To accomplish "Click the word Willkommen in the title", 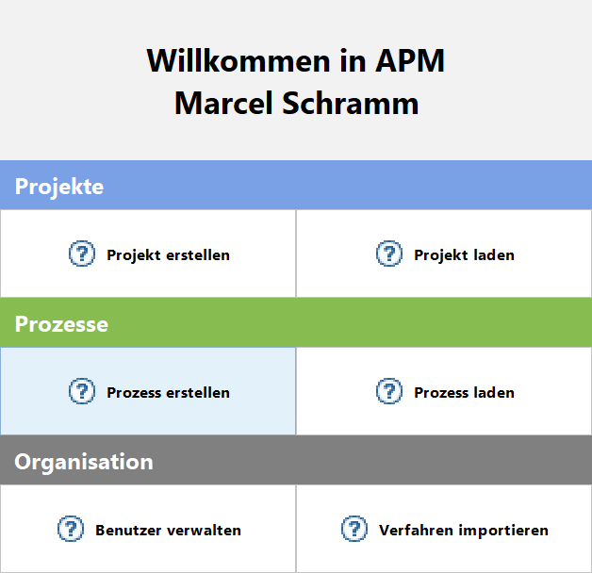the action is (x=238, y=60).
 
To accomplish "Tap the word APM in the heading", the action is (x=410, y=60).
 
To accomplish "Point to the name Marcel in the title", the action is (x=223, y=103).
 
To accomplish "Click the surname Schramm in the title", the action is (x=351, y=103).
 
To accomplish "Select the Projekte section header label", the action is (x=58, y=187).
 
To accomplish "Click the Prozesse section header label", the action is (x=61, y=324).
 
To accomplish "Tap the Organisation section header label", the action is (x=84, y=462).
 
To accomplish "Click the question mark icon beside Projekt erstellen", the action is (x=82, y=254).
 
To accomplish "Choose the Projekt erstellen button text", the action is (x=168, y=255).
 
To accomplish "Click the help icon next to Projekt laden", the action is (x=389, y=254).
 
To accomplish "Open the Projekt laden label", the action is (x=464, y=255).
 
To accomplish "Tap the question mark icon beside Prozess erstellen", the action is (x=82, y=391).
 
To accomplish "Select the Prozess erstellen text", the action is (x=168, y=393).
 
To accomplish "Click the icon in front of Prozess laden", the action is (x=389, y=391).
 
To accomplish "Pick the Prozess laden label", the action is (x=464, y=393).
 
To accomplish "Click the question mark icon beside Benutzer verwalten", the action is (x=70, y=529).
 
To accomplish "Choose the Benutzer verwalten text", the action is (x=168, y=531).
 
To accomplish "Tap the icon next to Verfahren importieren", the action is (x=354, y=529).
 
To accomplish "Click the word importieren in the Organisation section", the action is (x=503, y=532).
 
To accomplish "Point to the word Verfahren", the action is (x=416, y=531).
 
